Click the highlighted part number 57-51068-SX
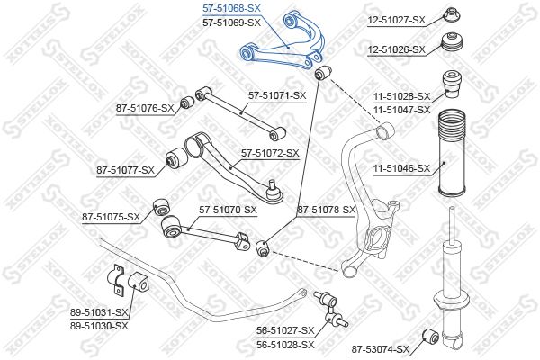pos(231,8)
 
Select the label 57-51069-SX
pos(231,22)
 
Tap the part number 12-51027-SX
pos(397,21)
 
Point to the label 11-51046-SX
pos(402,168)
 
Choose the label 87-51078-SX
pos(326,210)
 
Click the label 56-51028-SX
pos(285,345)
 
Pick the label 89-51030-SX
pos(99,326)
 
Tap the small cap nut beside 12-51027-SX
pos(453,15)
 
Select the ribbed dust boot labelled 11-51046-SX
pos(452,153)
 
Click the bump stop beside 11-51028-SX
pos(452,85)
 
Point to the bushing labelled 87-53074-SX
pos(430,336)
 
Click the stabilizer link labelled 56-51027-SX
pos(331,310)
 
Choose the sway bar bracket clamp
pos(116,280)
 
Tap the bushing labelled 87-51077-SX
pos(176,158)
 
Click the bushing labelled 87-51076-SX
pos(188,102)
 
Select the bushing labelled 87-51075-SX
pos(161,207)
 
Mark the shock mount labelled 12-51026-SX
pos(453,42)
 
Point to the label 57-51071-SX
pos(277,95)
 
